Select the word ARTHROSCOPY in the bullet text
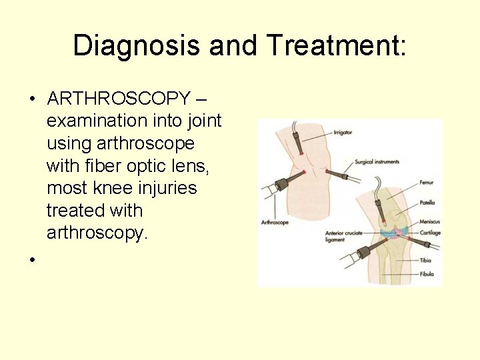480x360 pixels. [x=119, y=99]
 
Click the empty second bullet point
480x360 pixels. [x=31, y=258]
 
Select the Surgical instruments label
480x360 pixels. [x=377, y=161]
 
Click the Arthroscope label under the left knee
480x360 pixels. [x=275, y=222]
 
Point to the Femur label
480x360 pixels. [x=427, y=182]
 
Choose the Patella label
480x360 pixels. [x=428, y=202]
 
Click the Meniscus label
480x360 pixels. [x=430, y=222]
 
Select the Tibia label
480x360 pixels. [x=426, y=260]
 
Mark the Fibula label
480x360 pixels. [x=427, y=274]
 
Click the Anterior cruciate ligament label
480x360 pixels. [x=343, y=237]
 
